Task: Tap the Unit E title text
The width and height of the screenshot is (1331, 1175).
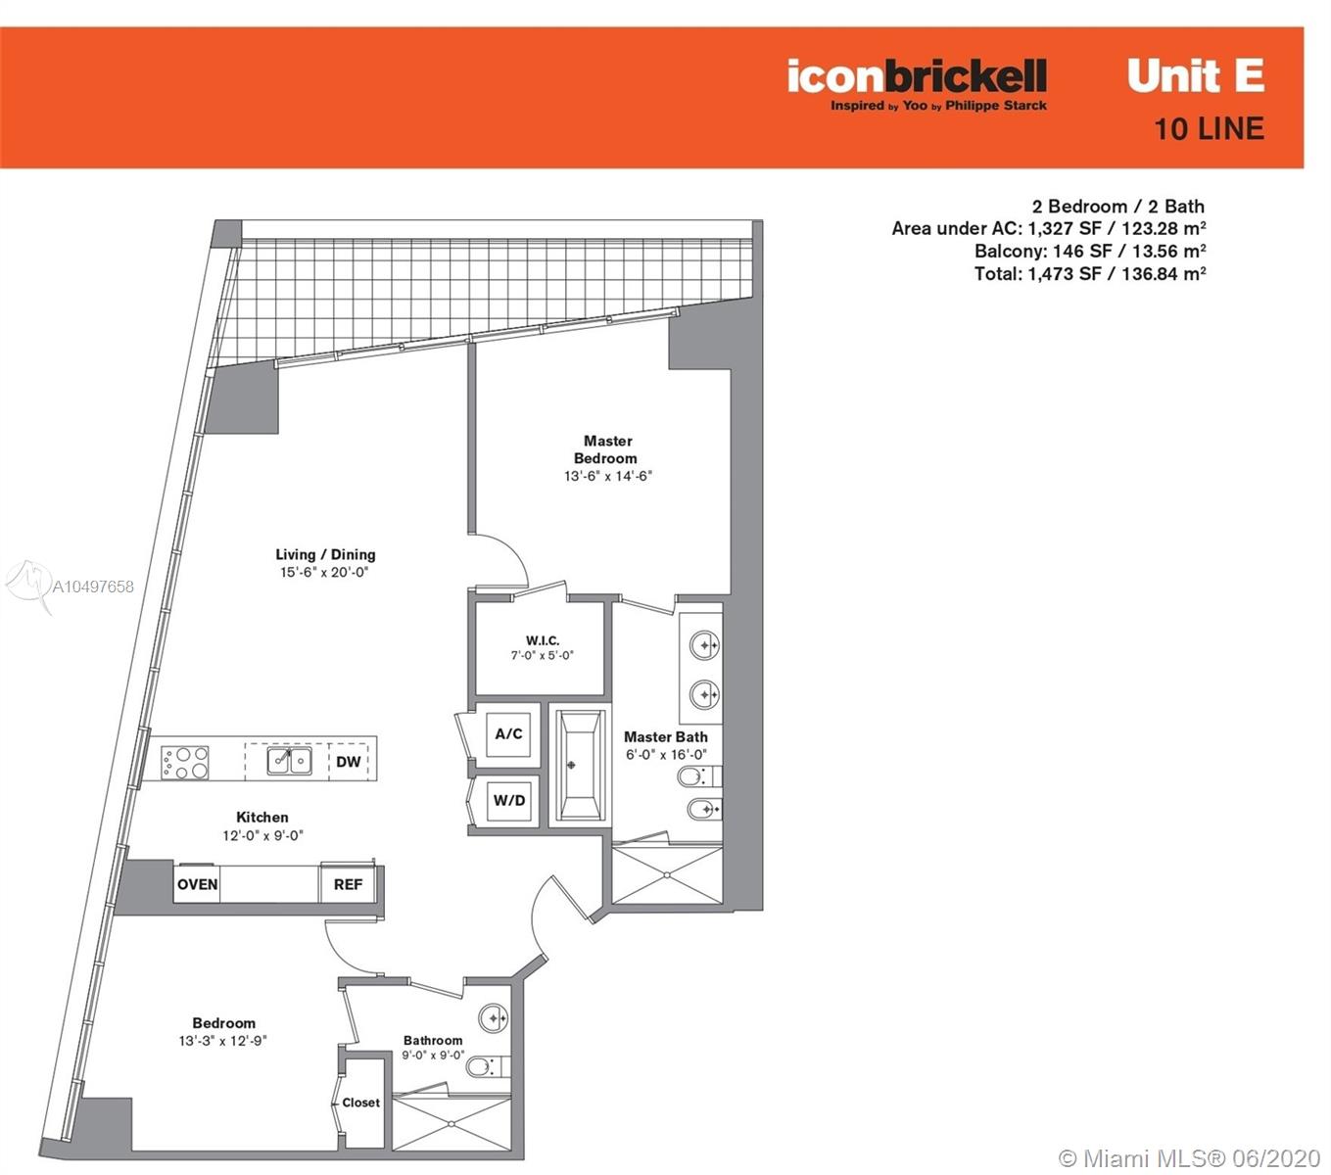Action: click(x=1195, y=76)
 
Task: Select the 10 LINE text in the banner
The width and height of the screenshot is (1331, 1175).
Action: click(x=1209, y=128)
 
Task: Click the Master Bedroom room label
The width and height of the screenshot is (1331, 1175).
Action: click(x=606, y=449)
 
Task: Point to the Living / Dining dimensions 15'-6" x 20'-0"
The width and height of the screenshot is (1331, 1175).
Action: click(x=324, y=572)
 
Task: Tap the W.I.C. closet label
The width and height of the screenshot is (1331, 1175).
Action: click(x=542, y=639)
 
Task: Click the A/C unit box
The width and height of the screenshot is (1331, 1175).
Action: click(x=508, y=733)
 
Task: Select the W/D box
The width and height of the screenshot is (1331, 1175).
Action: click(x=508, y=800)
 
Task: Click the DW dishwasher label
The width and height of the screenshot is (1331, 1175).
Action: click(x=349, y=762)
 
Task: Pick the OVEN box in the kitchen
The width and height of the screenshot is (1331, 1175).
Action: click(x=197, y=884)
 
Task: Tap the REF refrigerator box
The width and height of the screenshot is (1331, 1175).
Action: click(x=348, y=884)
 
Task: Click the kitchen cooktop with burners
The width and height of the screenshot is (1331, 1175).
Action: click(x=184, y=762)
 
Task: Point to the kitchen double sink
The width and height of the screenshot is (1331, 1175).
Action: click(x=289, y=761)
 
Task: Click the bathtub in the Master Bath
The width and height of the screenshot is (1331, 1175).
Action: click(x=580, y=765)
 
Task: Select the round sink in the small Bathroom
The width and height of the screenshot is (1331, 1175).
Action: click(x=493, y=1018)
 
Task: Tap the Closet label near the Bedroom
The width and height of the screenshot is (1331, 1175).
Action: click(x=360, y=1103)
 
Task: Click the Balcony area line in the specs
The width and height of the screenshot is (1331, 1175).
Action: click(x=1090, y=251)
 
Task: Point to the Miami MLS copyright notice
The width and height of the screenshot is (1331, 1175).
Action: click(x=1190, y=1157)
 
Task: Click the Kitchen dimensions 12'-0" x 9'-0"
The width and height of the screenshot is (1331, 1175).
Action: click(x=262, y=835)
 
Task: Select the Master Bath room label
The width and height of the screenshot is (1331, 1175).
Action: click(x=666, y=737)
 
